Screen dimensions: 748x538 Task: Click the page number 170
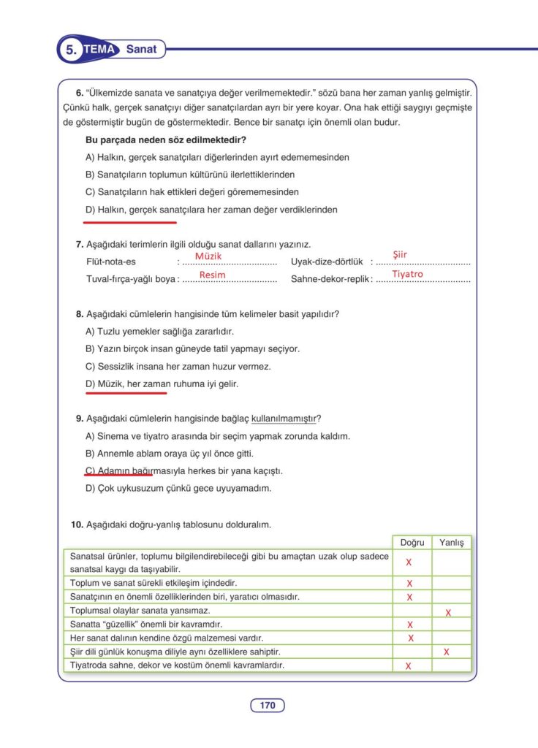pyautogui.click(x=268, y=706)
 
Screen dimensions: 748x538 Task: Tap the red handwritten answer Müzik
pyautogui.click(x=208, y=256)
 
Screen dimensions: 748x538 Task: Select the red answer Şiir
pyautogui.click(x=400, y=254)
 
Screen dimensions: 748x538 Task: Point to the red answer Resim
pyautogui.click(x=212, y=275)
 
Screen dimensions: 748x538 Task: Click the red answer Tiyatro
pyautogui.click(x=407, y=274)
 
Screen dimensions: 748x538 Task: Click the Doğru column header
pyautogui.click(x=412, y=543)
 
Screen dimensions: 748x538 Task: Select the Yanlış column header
pyautogui.click(x=452, y=543)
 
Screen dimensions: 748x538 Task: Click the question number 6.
pyautogui.click(x=80, y=93)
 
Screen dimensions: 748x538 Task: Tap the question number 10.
pyautogui.click(x=77, y=524)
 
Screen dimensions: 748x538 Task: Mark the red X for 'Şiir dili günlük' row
pyautogui.click(x=446, y=652)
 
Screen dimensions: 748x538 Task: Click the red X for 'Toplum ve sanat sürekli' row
pyautogui.click(x=409, y=584)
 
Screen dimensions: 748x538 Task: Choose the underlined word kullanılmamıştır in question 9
pyautogui.click(x=284, y=419)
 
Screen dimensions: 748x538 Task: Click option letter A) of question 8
pyautogui.click(x=90, y=332)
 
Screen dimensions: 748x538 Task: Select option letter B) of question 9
pyautogui.click(x=90, y=454)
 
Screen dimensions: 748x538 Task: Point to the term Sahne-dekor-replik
pyautogui.click(x=330, y=279)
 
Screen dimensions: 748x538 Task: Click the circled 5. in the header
pyautogui.click(x=71, y=50)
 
